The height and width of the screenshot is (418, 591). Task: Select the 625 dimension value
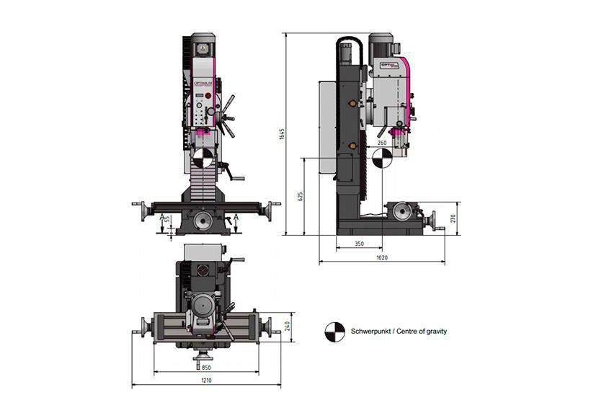coord(300,195)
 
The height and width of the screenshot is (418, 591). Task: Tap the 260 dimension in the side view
coord(381,143)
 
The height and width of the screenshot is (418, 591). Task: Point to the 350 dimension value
coord(359,244)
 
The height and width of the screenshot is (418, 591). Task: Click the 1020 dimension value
coord(381,257)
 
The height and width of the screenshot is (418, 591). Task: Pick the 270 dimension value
coord(453,218)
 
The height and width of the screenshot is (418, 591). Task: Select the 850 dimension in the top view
coord(206,367)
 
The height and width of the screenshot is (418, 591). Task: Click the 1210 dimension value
coord(206,380)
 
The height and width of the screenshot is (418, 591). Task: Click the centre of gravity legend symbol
coord(334,331)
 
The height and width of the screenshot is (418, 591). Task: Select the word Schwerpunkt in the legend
coord(368,331)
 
